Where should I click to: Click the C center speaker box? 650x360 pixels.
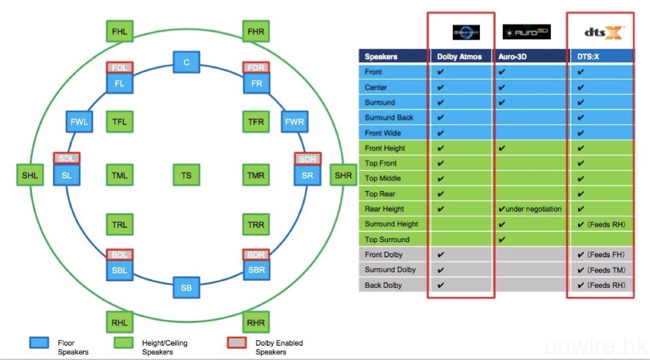coord(186,62)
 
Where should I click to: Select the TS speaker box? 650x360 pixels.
coord(186,175)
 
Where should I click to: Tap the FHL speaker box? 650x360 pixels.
coord(119,31)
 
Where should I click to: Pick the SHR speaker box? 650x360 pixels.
coord(343,176)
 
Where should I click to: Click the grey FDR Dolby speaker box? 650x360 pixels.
coord(256,68)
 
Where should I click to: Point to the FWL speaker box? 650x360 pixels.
coord(79,122)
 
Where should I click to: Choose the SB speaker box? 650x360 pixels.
coord(186,288)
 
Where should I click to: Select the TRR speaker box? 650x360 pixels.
coord(256,224)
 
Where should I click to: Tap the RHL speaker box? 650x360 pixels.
coord(119,322)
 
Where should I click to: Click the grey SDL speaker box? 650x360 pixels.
coord(67,158)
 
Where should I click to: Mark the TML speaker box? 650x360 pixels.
coord(119,175)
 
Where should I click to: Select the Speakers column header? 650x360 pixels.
coord(381,56)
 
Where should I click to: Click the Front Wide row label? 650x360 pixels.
coord(382,133)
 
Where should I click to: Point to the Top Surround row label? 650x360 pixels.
coord(387,239)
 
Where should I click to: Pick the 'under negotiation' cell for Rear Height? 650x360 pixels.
coord(530,209)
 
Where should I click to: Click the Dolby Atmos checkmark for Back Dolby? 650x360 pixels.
coord(440,285)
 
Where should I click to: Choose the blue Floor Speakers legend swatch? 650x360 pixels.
coord(39,343)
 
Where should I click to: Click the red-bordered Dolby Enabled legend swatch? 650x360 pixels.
coord(236,343)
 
